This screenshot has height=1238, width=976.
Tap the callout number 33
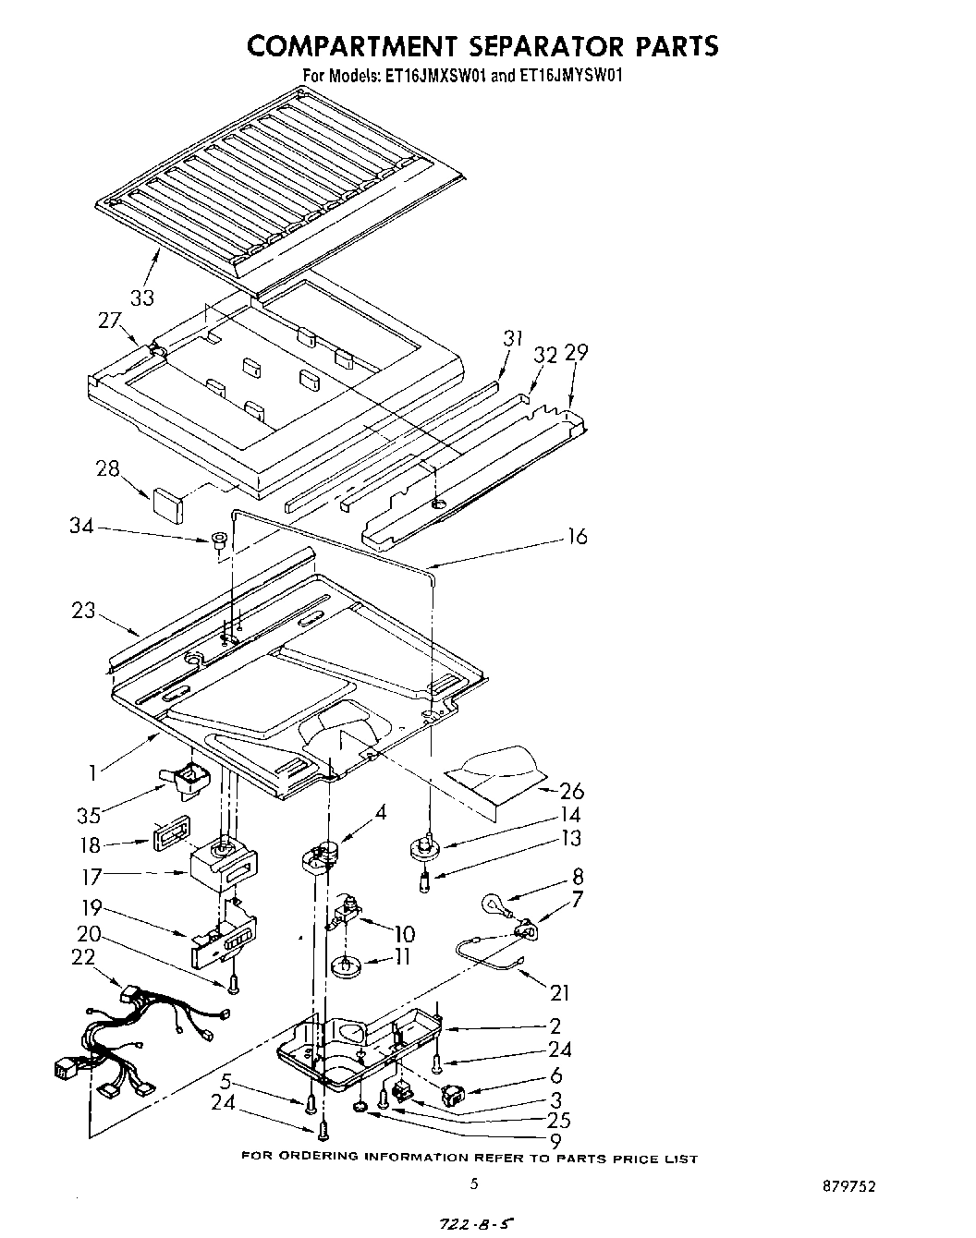tap(141, 297)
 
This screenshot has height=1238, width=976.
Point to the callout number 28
tap(108, 468)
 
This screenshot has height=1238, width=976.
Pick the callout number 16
tap(576, 537)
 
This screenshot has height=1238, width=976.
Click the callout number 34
tap(82, 526)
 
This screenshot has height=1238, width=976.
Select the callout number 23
tap(83, 611)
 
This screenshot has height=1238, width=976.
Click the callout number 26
tap(572, 791)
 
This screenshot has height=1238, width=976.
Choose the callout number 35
tap(90, 815)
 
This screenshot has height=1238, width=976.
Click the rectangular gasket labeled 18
tap(168, 843)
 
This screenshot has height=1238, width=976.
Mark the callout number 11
tap(401, 957)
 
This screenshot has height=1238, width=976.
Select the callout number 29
tap(576, 353)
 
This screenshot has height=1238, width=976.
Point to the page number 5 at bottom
tap(473, 1183)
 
